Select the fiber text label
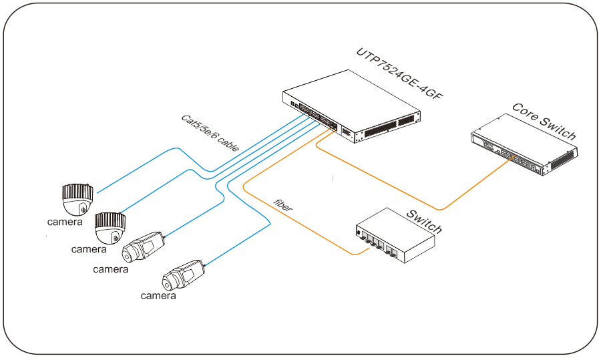(283, 206)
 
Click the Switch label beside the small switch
(425, 221)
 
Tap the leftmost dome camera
(75, 196)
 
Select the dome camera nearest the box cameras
(110, 228)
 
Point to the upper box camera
(142, 248)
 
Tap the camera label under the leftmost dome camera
(65, 222)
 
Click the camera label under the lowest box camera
(158, 295)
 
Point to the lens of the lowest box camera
(168, 280)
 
